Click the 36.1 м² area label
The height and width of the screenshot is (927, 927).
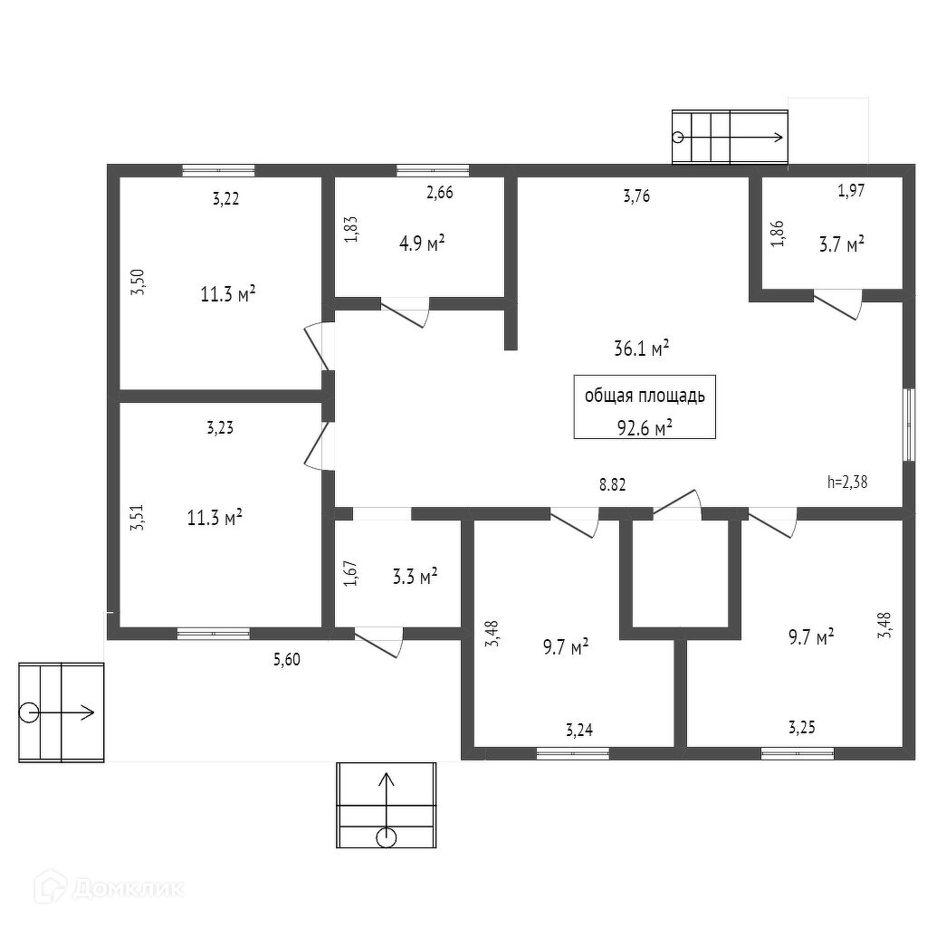(641, 348)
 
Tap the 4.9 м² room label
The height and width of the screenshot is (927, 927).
(422, 244)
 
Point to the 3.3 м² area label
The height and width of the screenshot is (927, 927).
(416, 576)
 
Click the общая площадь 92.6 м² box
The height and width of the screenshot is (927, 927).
(645, 407)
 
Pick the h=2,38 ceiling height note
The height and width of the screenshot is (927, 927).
(847, 482)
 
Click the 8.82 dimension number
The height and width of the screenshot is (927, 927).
(613, 484)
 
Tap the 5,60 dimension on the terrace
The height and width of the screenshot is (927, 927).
(286, 660)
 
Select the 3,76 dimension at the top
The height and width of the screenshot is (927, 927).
(637, 196)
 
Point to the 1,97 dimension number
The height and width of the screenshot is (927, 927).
(851, 190)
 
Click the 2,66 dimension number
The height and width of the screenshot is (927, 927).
(439, 192)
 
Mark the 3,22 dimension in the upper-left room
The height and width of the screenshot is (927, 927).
(225, 199)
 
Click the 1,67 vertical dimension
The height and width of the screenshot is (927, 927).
(351, 575)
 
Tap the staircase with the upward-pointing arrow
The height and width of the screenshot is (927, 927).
(386, 805)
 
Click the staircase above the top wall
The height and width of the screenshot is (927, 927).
(729, 137)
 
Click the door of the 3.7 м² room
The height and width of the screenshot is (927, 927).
(838, 303)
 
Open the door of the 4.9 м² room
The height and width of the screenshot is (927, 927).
(405, 311)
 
